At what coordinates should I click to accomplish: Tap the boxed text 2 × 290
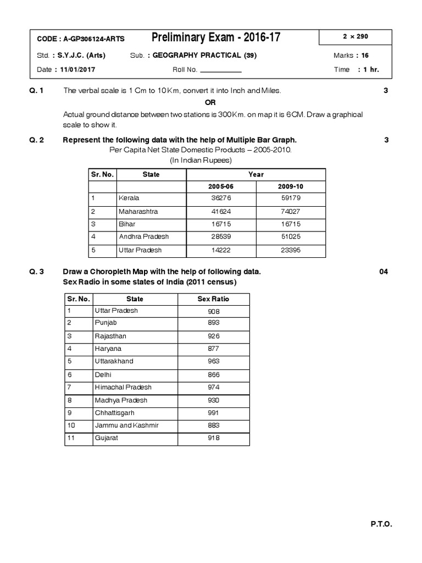[x=355, y=37]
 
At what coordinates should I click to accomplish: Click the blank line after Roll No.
[x=220, y=70]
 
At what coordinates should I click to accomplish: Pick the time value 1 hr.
[x=368, y=70]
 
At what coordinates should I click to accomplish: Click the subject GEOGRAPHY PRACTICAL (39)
[x=204, y=56]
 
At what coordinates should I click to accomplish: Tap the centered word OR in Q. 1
[x=210, y=103]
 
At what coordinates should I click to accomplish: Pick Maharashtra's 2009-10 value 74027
[x=291, y=211]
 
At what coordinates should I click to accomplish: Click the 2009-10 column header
[x=291, y=186]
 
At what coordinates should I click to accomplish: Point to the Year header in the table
[x=256, y=174]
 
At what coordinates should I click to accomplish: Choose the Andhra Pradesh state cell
[x=143, y=237]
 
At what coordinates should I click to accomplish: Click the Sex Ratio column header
[x=213, y=299]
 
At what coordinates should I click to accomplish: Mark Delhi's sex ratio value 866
[x=213, y=374]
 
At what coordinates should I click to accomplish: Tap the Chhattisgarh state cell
[x=114, y=413]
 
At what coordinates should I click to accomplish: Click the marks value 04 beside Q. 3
[x=384, y=272]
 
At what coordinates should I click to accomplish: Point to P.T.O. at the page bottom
[x=381, y=525]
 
